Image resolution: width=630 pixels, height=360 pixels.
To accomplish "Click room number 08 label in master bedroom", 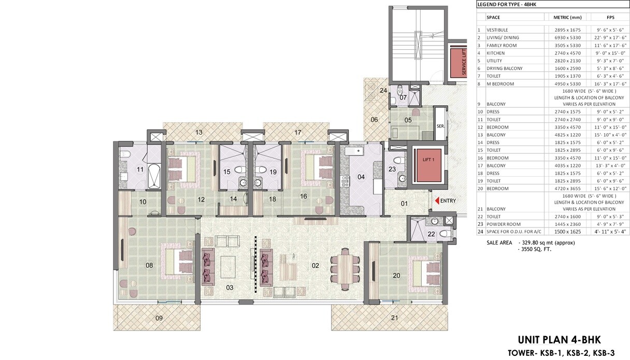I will (x=149, y=265).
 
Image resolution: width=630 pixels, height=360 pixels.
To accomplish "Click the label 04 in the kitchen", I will (x=361, y=177).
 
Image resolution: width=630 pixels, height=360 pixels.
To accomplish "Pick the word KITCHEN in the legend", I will (x=496, y=53).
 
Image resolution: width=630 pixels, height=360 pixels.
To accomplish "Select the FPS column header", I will (x=610, y=17).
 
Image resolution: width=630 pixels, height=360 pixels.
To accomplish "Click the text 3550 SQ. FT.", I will (x=534, y=249).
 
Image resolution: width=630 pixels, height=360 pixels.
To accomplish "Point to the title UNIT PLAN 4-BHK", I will (x=559, y=340).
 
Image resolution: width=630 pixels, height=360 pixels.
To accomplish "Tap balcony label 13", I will (x=199, y=133).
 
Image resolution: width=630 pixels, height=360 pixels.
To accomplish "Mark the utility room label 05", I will (x=408, y=120).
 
